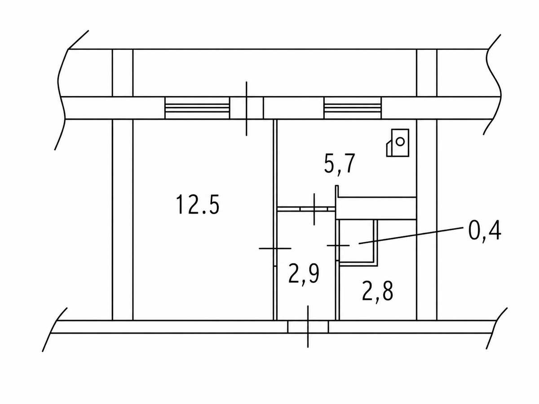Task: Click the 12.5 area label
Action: point(198,205)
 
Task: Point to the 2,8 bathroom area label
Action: point(378,292)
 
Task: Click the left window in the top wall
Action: point(197,108)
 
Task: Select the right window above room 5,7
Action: point(353,108)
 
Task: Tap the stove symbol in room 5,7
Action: point(398,143)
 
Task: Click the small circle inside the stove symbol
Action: point(401,141)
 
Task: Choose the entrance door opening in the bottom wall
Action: point(308,327)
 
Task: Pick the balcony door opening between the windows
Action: point(247,108)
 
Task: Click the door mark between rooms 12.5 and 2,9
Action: point(275,249)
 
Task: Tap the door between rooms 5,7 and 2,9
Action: point(314,209)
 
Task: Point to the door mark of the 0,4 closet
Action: point(338,245)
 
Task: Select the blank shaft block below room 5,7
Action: point(377,208)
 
